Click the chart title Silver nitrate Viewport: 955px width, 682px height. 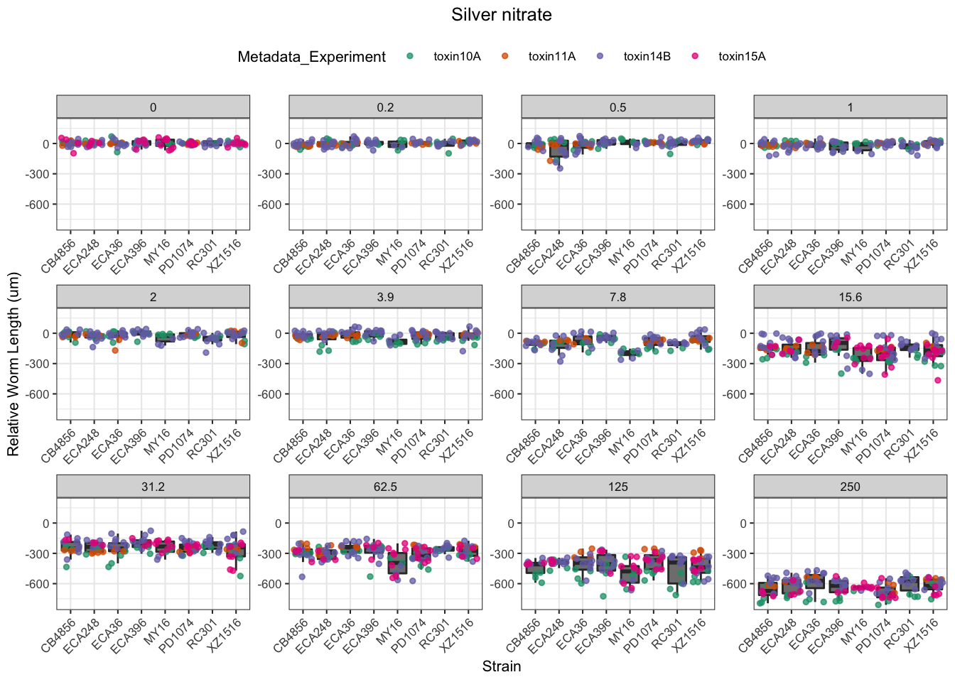(501, 15)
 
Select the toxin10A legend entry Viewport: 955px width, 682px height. (456, 57)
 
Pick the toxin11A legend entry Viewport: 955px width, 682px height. (551, 57)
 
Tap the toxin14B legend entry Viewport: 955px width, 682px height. (647, 57)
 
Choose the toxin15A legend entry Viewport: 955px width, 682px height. (742, 57)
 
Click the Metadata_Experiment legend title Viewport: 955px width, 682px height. (311, 57)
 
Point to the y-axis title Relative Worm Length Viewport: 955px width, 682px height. (14, 364)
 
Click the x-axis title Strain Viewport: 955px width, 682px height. (501, 666)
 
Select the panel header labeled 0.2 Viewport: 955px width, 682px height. (385, 107)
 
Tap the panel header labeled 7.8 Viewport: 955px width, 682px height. (617, 297)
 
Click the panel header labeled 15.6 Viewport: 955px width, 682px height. (850, 297)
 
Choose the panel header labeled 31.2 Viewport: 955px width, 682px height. (153, 487)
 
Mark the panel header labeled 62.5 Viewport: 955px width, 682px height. (385, 487)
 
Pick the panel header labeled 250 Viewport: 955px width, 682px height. (850, 487)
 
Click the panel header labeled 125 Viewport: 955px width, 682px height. (617, 487)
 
